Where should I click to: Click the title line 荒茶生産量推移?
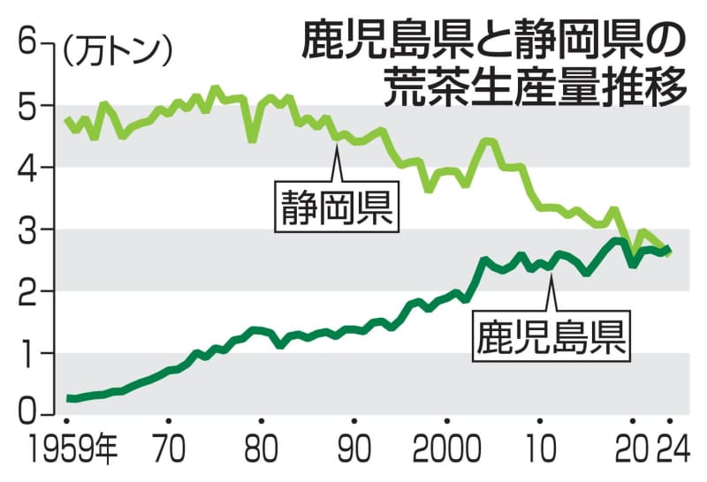pyautogui.click(x=536, y=86)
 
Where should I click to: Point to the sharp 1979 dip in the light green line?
pyautogui.click(x=253, y=139)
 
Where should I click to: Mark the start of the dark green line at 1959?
pyautogui.click(x=67, y=398)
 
